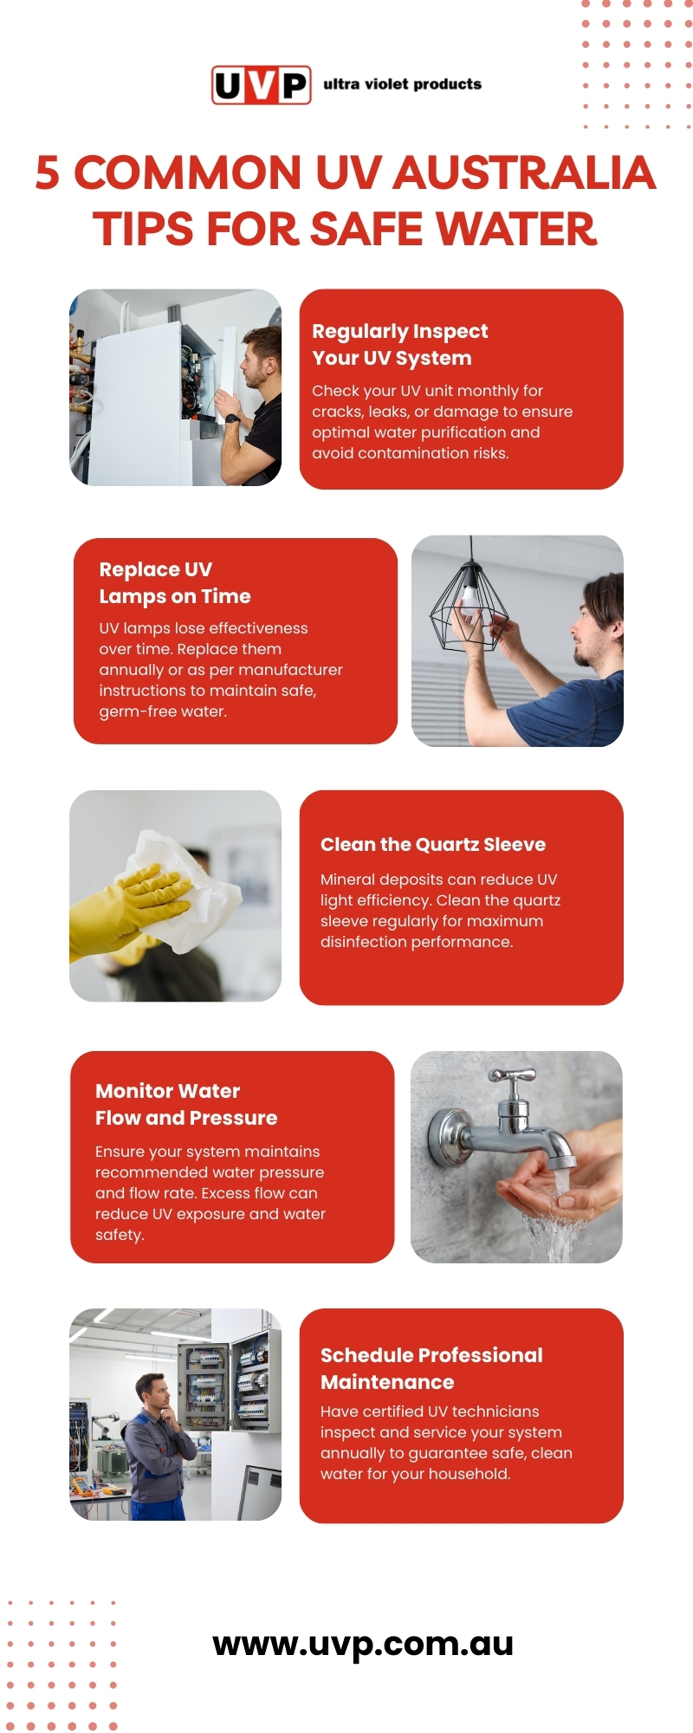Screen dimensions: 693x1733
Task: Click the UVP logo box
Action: point(262,85)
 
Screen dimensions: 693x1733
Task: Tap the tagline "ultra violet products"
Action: point(402,84)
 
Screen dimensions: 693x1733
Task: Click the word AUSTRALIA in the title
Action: point(525,172)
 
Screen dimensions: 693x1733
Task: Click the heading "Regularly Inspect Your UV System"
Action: point(400,345)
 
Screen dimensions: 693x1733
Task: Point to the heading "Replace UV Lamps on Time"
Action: point(175,583)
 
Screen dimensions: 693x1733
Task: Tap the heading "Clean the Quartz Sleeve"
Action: point(433,845)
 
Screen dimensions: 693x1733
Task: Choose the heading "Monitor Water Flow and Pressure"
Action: point(186,1105)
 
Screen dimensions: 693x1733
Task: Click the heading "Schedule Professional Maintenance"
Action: point(431,1369)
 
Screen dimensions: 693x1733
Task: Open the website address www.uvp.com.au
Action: point(363,1643)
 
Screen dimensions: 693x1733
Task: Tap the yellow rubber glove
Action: point(130,910)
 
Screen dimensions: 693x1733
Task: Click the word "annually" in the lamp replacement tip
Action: point(130,670)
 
